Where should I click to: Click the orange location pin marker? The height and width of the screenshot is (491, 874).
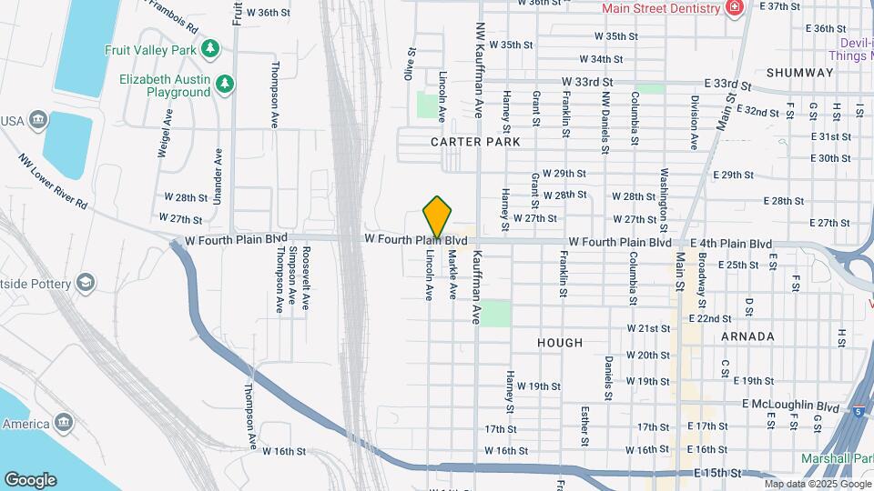[438, 216]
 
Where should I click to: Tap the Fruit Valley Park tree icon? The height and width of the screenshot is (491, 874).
[210, 47]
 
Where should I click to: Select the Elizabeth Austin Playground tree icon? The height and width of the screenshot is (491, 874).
[225, 85]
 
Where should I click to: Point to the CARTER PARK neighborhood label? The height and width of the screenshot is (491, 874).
[475, 142]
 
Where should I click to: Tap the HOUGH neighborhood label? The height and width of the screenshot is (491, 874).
[559, 343]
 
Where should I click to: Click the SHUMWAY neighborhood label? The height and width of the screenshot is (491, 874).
[799, 73]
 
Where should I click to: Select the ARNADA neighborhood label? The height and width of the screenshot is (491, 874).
[747, 336]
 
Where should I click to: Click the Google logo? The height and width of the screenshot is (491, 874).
[30, 479]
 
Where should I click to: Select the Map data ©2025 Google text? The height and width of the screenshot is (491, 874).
[818, 484]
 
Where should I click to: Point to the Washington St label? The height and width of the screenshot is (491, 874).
[665, 199]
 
